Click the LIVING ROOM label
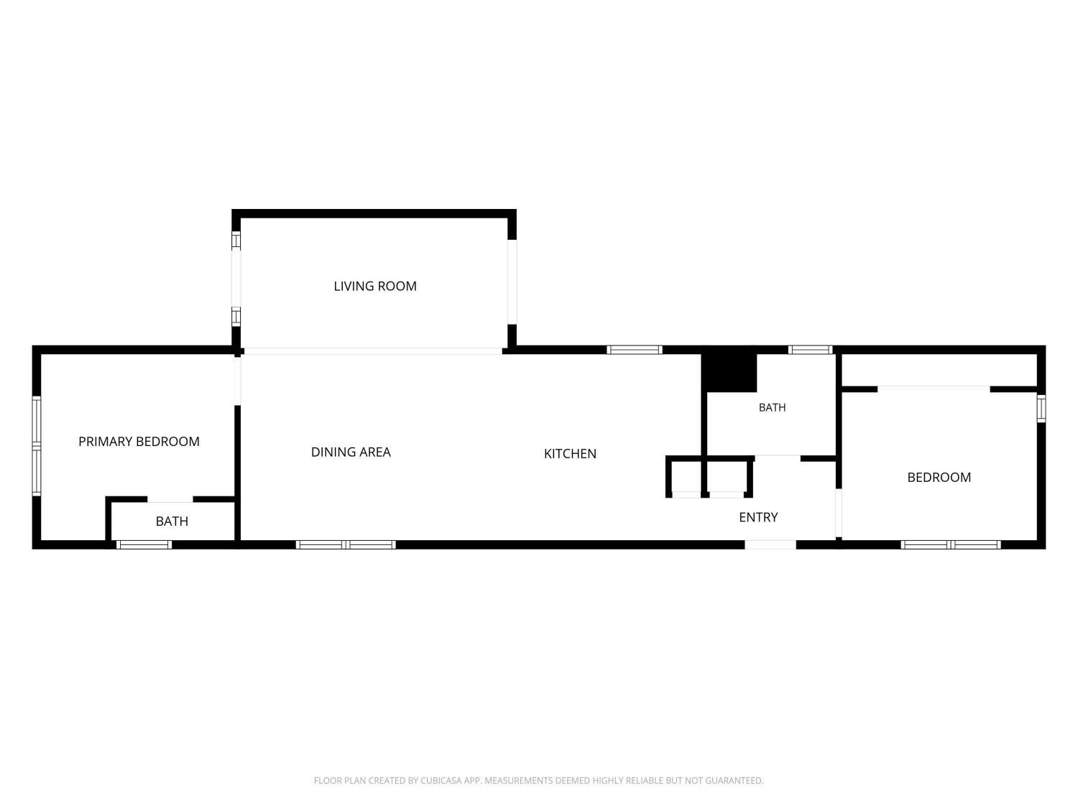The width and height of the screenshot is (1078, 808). point(374,286)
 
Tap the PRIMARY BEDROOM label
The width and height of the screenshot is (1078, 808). point(139,442)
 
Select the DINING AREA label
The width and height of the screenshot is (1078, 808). point(351,452)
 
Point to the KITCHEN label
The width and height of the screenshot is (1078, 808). point(570,454)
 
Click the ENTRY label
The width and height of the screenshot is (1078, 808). point(758,517)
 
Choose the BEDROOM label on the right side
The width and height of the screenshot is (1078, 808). point(939,478)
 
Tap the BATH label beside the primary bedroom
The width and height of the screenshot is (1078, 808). point(172,521)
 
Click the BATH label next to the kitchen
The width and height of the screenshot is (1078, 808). point(772,407)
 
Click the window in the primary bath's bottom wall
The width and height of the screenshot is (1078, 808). point(144,544)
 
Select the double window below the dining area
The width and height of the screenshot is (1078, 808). point(346,544)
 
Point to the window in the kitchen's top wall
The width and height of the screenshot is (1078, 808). point(634,350)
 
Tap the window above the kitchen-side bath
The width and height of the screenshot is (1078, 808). point(811,350)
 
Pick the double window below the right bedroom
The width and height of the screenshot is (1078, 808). point(951,544)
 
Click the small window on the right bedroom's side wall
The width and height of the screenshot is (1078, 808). point(1041,408)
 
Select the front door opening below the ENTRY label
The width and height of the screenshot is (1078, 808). point(770,544)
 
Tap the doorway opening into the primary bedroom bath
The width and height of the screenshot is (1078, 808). point(170,499)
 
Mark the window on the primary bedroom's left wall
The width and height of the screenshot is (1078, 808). point(37,446)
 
